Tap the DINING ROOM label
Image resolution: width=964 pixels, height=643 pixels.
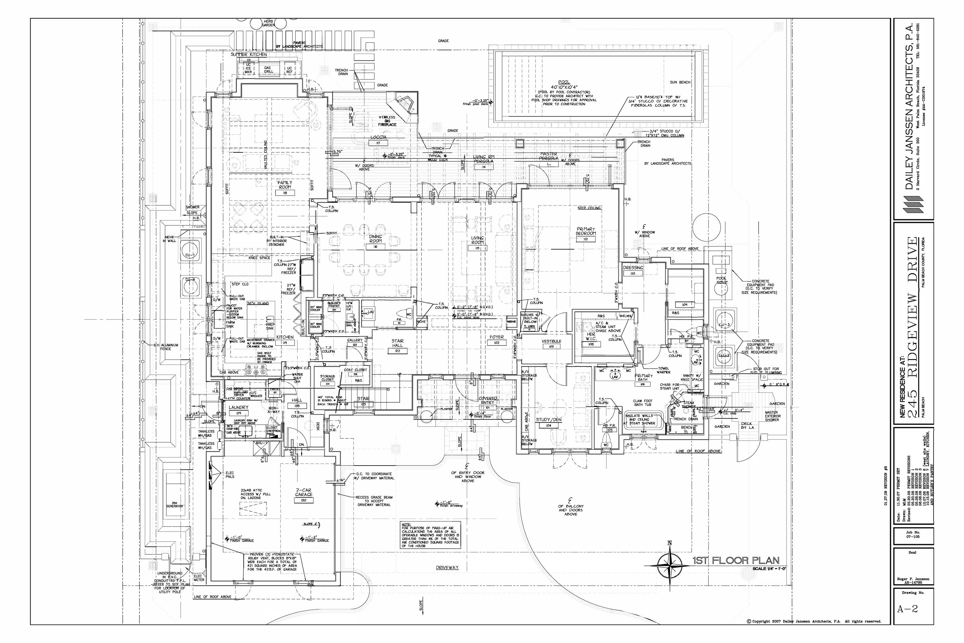(375, 239)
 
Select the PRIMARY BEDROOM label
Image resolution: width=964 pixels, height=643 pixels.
(586, 231)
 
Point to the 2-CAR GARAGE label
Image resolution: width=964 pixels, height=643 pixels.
(304, 492)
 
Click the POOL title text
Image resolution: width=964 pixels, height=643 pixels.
(564, 82)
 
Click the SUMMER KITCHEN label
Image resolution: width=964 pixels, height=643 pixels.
(248, 55)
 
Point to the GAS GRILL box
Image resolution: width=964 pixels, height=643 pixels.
(268, 69)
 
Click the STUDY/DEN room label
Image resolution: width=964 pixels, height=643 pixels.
(549, 420)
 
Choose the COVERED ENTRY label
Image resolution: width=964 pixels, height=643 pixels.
(488, 401)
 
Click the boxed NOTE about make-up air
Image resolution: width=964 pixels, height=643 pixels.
(430, 535)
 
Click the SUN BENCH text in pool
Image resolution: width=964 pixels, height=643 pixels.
(680, 82)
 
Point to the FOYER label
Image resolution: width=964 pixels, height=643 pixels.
(496, 337)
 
